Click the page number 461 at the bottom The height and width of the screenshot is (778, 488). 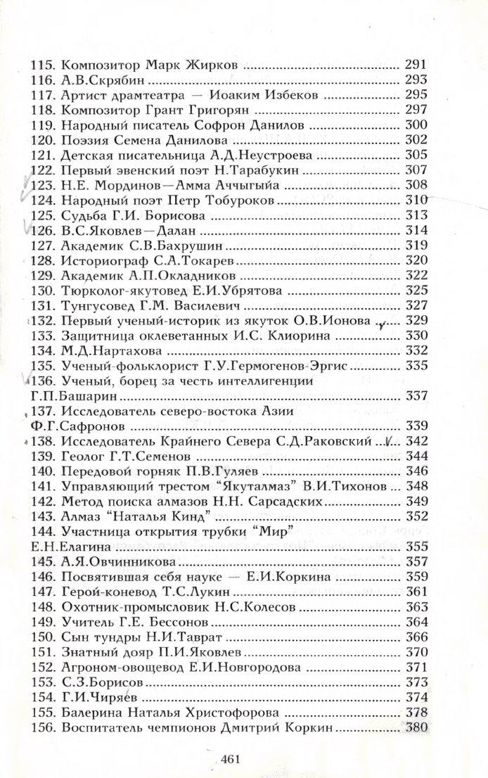click(231, 759)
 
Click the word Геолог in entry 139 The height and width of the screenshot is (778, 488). click(84, 456)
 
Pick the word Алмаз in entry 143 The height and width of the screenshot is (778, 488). click(82, 516)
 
